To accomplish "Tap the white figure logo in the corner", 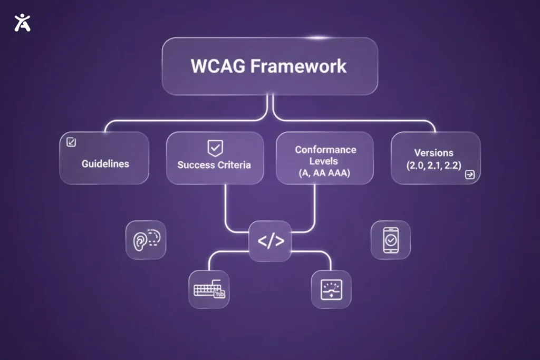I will (x=22, y=22).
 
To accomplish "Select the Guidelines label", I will (x=105, y=163).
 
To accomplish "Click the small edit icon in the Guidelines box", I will (x=71, y=142).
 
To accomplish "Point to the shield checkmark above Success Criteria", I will (x=214, y=147).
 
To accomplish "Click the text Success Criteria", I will (x=214, y=164).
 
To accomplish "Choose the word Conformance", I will (x=325, y=149).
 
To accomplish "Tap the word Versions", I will (x=433, y=153).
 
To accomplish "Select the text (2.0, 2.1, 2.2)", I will (x=433, y=165).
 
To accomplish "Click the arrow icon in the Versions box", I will (x=469, y=175).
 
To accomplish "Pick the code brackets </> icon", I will (x=271, y=241).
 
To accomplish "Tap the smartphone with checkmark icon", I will (x=390, y=240).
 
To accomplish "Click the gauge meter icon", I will (x=331, y=289).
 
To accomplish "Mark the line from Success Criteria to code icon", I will (x=226, y=211).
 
